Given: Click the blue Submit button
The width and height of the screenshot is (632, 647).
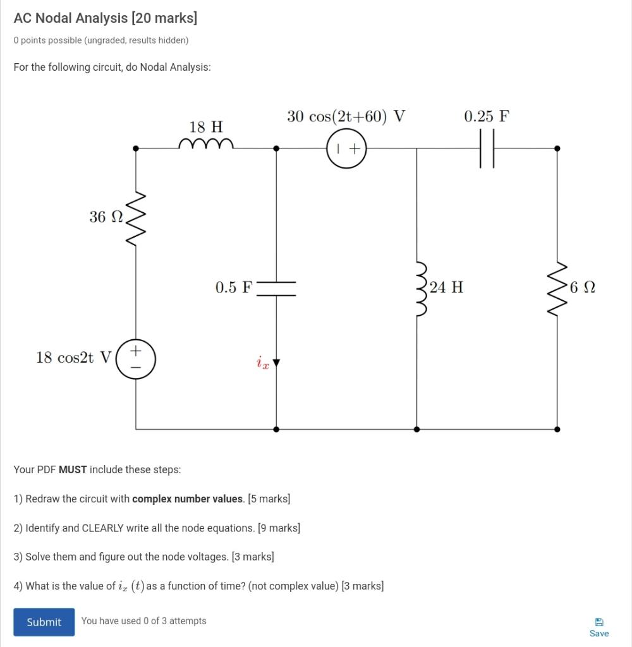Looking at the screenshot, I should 44,622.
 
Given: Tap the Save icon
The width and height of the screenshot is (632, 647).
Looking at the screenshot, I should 599,622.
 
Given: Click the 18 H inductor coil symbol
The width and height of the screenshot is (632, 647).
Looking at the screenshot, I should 206,144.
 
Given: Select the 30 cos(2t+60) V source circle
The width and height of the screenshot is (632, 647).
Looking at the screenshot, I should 346,149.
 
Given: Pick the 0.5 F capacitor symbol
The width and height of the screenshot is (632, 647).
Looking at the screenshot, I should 276,289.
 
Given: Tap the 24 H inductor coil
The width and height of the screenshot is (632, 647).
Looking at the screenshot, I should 419,289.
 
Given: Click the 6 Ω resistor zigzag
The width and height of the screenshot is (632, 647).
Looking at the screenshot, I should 557,288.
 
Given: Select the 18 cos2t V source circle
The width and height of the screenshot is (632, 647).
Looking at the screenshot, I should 135,359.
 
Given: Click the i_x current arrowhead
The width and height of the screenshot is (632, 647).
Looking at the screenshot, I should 276,363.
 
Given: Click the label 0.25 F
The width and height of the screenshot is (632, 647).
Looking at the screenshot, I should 486,116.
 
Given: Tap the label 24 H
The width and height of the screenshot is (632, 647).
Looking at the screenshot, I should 447,287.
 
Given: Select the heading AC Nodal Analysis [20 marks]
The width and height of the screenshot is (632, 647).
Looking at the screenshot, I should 106,18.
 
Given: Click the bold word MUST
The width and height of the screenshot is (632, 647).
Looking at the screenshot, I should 72,469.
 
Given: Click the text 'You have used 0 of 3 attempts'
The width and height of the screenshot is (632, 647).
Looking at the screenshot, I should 143,621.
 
